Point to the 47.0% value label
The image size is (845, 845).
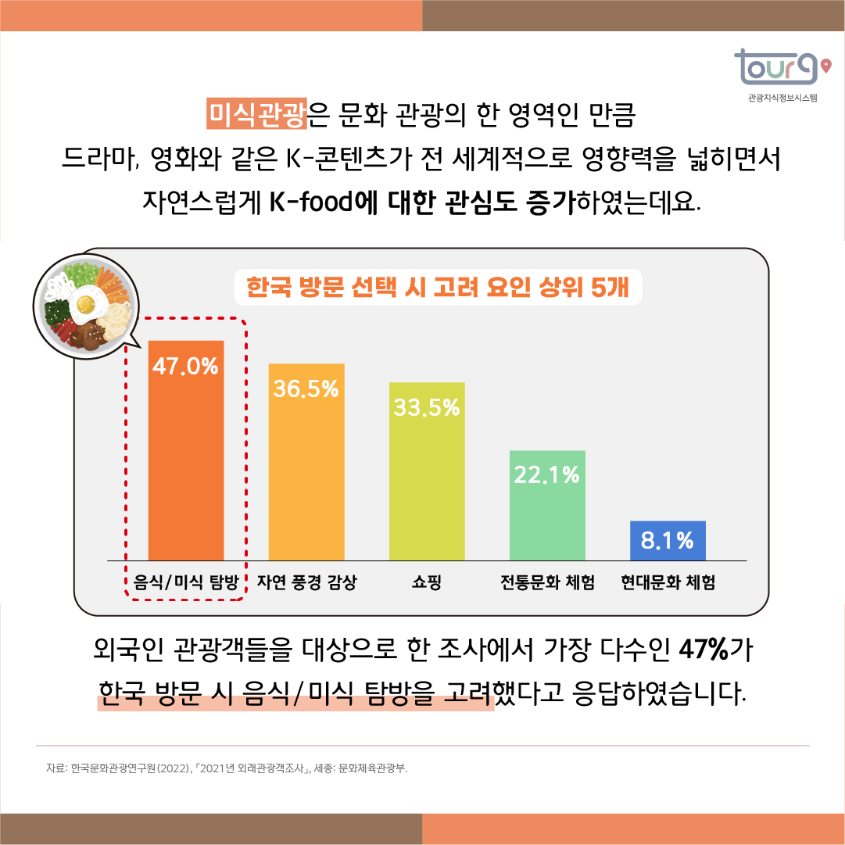(x=186, y=367)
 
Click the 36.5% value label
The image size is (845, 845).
(x=306, y=389)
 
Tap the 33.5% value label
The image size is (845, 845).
(x=427, y=408)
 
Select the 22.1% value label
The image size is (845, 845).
(x=547, y=474)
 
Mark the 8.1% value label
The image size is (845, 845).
(x=668, y=540)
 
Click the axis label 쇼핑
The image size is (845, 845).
(x=427, y=583)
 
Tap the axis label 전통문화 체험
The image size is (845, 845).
(x=547, y=583)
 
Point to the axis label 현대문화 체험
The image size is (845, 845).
(x=668, y=583)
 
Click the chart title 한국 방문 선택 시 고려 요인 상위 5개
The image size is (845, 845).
(x=438, y=288)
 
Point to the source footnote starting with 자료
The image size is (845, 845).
(x=227, y=768)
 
